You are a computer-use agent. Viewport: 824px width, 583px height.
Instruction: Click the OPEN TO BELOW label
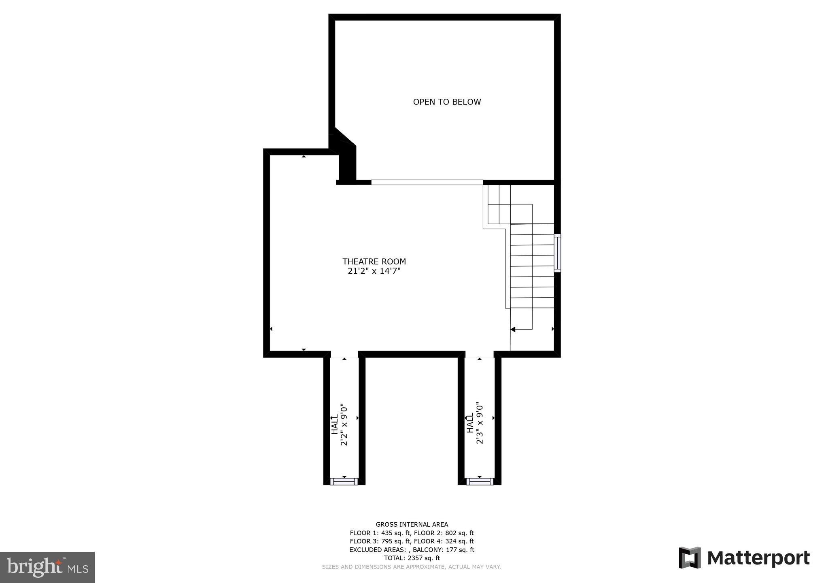[x=447, y=102]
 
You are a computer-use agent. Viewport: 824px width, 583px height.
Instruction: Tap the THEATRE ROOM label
[x=374, y=262]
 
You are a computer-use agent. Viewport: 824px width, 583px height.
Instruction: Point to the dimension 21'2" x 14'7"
[x=374, y=271]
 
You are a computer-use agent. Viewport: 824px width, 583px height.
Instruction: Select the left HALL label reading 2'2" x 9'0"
[x=340, y=424]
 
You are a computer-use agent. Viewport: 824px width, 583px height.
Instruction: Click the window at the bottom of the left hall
[x=344, y=481]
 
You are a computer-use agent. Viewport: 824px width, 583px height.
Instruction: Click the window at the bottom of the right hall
[x=480, y=481]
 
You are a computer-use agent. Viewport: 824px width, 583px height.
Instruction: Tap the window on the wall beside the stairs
[x=557, y=253]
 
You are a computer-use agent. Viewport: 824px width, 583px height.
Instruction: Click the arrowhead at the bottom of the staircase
[x=513, y=330]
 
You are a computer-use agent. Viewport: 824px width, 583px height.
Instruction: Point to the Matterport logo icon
[x=690, y=557]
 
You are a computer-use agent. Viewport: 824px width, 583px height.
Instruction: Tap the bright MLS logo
[x=47, y=567]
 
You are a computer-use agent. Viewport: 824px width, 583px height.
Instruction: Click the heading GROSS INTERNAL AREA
[x=412, y=524]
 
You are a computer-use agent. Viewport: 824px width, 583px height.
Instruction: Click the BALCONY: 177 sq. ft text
[x=447, y=550]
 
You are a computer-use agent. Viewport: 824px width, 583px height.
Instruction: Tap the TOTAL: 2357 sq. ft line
[x=412, y=558]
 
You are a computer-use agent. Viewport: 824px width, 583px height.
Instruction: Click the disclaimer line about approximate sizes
[x=412, y=567]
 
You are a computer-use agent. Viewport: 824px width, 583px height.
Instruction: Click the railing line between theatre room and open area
[x=427, y=182]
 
